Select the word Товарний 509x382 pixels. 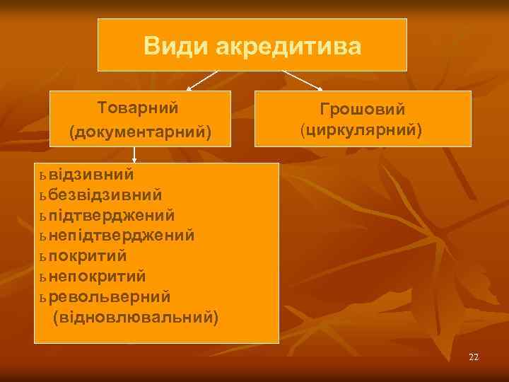click(138, 108)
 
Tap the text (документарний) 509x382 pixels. click(140, 132)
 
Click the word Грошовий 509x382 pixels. click(362, 110)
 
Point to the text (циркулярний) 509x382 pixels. click(362, 131)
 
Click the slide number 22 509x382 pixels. click(474, 357)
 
